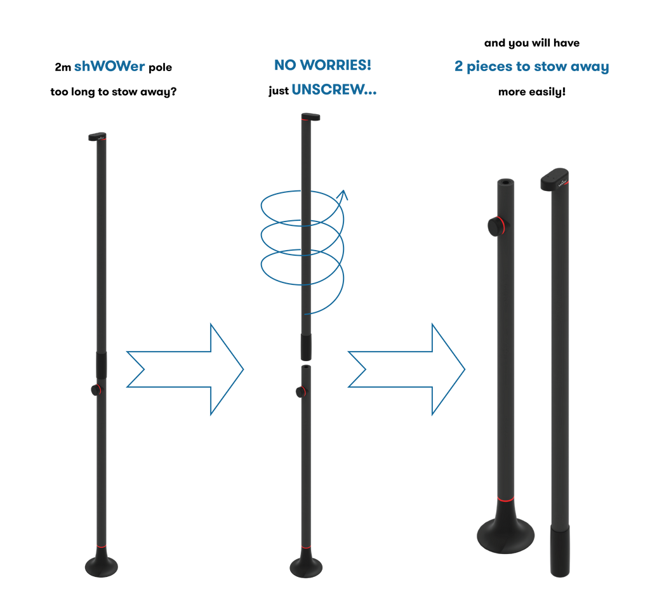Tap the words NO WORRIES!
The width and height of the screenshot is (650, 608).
(322, 65)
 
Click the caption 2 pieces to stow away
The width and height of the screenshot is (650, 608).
(532, 67)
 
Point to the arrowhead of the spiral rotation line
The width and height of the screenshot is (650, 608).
(343, 194)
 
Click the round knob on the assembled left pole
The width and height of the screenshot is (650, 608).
(95, 390)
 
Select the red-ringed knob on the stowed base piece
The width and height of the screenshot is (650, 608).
(494, 225)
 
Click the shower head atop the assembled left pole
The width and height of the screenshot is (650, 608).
(97, 136)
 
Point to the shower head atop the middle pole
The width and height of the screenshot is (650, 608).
(310, 117)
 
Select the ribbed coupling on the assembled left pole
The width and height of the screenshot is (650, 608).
(102, 365)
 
